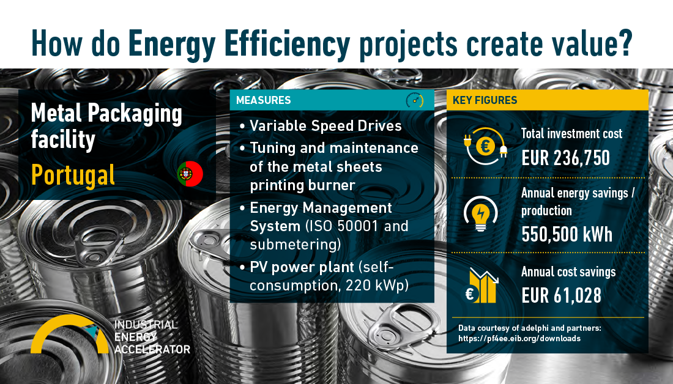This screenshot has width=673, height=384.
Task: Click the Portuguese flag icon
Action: coord(190,174)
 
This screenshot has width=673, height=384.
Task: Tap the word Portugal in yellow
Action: coord(73,175)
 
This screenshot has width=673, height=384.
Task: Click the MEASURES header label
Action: coord(264,100)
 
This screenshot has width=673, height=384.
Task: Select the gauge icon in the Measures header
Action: coord(415,100)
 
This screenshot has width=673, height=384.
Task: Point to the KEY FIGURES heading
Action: coord(485,100)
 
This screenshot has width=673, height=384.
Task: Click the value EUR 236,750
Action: coord(566,158)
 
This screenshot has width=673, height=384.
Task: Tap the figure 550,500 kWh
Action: coord(567,234)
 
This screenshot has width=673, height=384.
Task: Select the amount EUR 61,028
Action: coord(562,295)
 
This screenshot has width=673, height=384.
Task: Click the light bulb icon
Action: coord(481,213)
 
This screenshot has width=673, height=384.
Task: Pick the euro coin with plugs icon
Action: coord(485,146)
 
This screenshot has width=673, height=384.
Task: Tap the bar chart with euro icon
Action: coord(482,286)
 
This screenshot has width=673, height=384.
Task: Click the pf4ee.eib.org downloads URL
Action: coord(519,339)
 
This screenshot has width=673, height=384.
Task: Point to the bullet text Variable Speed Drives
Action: coord(325,126)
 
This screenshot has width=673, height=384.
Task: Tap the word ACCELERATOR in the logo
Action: coord(152,349)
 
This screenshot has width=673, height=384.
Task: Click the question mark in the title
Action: coord(625,42)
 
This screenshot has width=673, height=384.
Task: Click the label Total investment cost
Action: coord(571,133)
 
